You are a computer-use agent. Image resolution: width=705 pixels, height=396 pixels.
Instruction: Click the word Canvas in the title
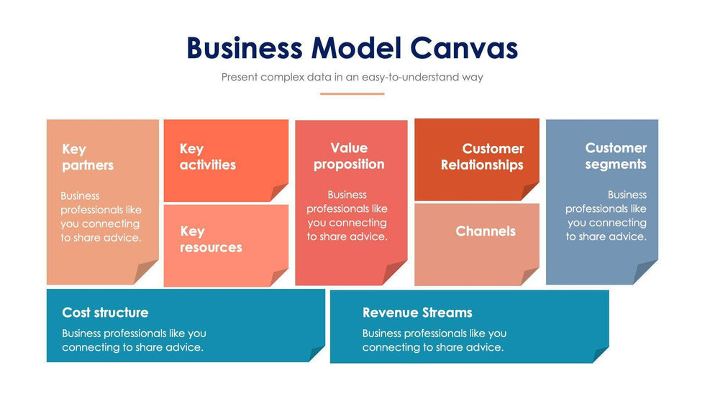tap(465, 48)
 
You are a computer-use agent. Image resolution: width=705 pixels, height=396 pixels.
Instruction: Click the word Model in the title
tap(355, 48)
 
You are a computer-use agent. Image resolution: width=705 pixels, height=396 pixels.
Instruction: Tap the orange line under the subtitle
tap(352, 93)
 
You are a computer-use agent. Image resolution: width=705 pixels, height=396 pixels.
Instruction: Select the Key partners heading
tap(88, 157)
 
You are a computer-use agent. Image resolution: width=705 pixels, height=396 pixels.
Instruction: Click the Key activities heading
tap(207, 157)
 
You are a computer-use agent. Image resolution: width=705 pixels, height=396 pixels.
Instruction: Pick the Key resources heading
tap(210, 239)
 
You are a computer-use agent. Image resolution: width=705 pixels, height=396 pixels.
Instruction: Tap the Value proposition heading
tap(349, 156)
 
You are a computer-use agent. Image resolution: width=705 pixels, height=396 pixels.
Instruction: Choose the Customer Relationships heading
tap(482, 157)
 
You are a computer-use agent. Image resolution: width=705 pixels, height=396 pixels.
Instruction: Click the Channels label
tap(486, 231)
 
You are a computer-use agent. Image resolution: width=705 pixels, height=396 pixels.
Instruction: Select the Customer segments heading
tap(615, 156)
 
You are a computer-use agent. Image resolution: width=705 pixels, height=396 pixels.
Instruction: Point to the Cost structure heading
tap(105, 313)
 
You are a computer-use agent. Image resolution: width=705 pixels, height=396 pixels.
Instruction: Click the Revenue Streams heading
tap(417, 313)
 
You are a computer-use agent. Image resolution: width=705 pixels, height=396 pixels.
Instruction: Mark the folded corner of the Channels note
tap(530, 277)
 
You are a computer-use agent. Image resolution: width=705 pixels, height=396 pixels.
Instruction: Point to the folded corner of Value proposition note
tap(396, 273)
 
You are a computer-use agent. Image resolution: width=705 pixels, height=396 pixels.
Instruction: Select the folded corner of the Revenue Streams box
tap(601, 354)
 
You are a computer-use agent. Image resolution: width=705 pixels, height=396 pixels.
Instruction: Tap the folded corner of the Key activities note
tap(279, 193)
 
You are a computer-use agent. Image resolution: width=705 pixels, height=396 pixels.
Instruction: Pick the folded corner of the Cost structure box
tap(317, 354)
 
